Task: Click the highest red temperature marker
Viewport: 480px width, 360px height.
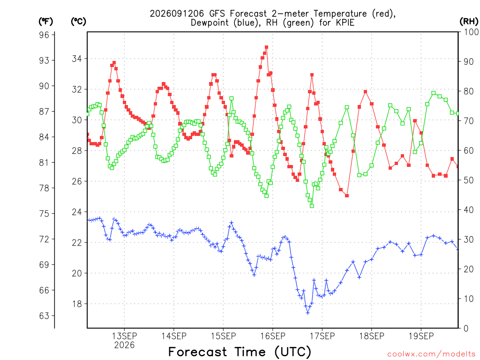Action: point(266,47)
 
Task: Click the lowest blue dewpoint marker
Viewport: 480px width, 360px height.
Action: point(307,313)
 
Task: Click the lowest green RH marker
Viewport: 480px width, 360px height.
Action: point(312,206)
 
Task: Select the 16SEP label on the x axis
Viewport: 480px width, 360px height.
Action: point(273,336)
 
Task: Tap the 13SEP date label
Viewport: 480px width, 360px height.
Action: point(124,336)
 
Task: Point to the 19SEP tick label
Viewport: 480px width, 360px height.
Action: point(421,336)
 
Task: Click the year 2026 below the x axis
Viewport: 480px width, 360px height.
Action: point(124,345)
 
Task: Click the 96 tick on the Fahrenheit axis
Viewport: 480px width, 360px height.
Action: point(44,35)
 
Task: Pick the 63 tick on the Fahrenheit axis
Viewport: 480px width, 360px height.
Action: point(44,315)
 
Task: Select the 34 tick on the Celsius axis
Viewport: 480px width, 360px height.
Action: point(77,59)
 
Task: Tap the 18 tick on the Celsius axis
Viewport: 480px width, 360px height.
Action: point(77,304)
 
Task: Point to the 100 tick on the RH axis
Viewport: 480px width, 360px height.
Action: point(471,32)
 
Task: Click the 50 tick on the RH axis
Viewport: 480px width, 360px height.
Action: point(468,180)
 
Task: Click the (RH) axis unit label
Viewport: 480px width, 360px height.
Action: point(469,22)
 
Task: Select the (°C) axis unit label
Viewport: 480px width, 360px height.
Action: point(78,22)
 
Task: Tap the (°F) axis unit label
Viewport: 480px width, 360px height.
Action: point(45,22)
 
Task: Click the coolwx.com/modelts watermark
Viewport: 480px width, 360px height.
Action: point(431,354)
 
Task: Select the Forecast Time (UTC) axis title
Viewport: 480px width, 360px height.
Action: point(240,352)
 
